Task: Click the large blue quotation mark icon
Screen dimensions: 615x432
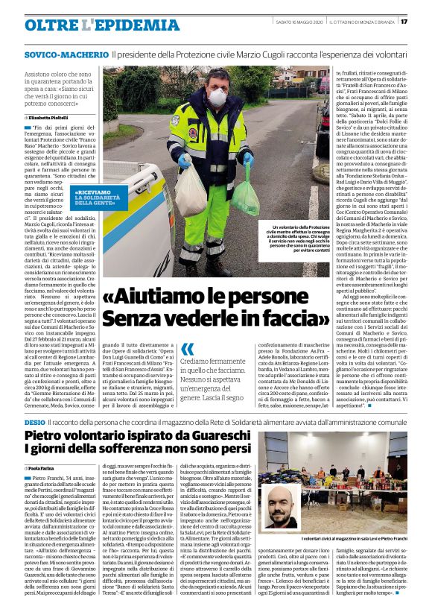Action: [188, 348]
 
